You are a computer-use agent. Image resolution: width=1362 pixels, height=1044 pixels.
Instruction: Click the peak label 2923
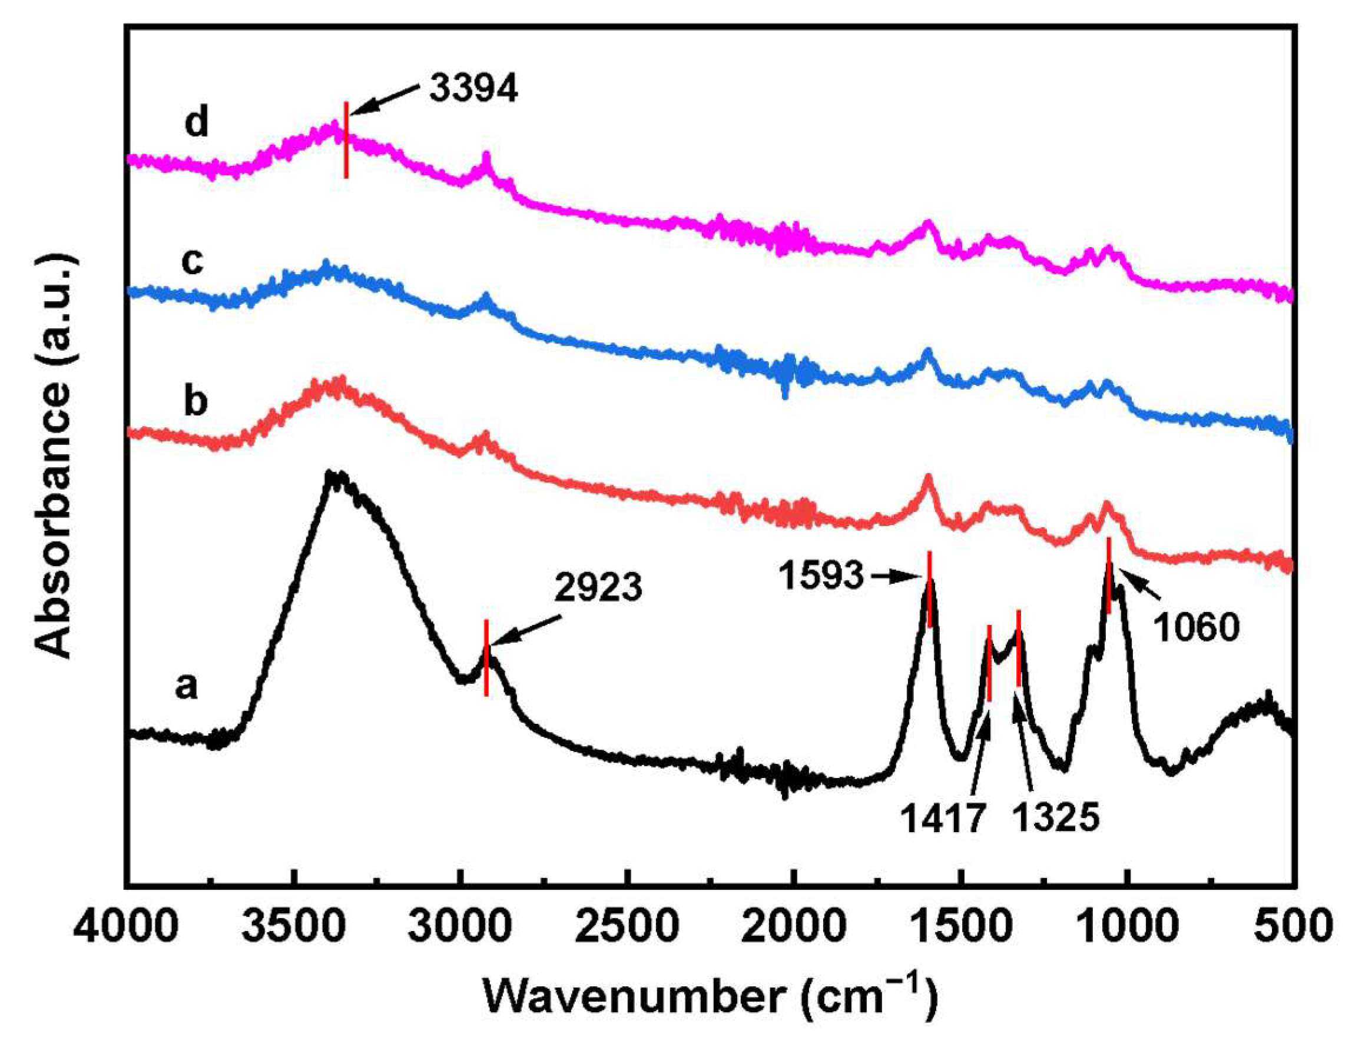[598, 588]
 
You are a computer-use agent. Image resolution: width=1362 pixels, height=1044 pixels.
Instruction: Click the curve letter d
[197, 123]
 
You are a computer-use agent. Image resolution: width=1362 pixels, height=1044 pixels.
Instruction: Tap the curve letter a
[186, 687]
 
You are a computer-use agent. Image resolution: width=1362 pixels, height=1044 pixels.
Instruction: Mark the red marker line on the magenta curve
[346, 141]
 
